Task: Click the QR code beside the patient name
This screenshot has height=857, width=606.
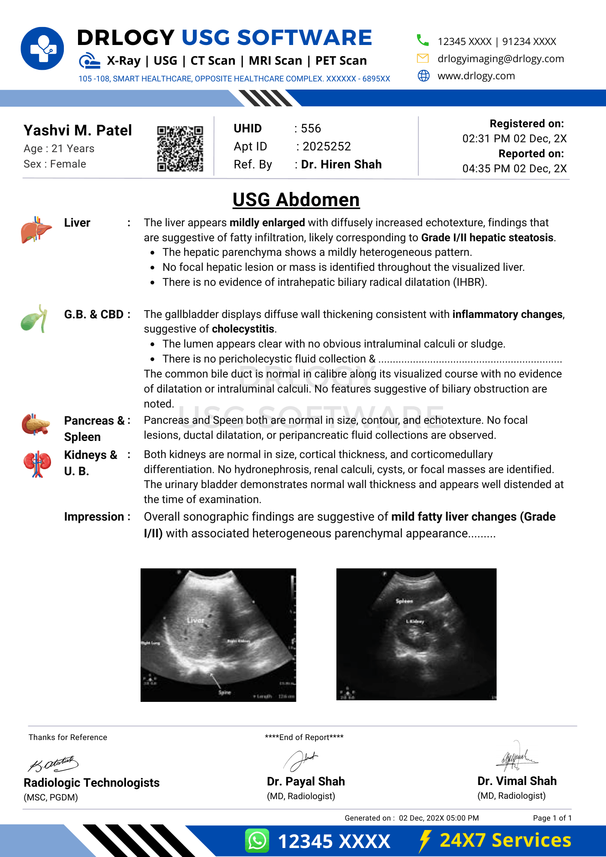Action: coord(180,148)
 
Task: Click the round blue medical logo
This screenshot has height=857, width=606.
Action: coord(42,48)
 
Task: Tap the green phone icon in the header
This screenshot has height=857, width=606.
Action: coord(423,40)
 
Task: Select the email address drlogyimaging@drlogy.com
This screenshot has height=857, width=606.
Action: coord(501,59)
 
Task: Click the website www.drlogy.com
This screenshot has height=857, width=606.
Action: coord(476,76)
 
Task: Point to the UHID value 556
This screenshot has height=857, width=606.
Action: coord(311,129)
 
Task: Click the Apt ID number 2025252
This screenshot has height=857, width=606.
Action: coord(327,147)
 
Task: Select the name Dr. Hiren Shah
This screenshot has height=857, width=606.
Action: coord(341,165)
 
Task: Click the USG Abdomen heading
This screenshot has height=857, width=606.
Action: coord(296,200)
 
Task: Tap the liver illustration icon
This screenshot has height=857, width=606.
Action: coord(36,230)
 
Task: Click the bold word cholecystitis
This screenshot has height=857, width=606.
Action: coord(243,329)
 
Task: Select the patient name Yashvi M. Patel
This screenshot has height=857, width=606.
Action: coord(78,130)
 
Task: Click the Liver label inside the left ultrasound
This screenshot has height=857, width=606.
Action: coord(195,620)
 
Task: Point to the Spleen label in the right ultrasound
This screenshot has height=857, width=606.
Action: coord(404,601)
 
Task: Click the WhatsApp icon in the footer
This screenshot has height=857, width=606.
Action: coord(257,841)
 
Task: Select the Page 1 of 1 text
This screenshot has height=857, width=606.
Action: coord(552,818)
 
